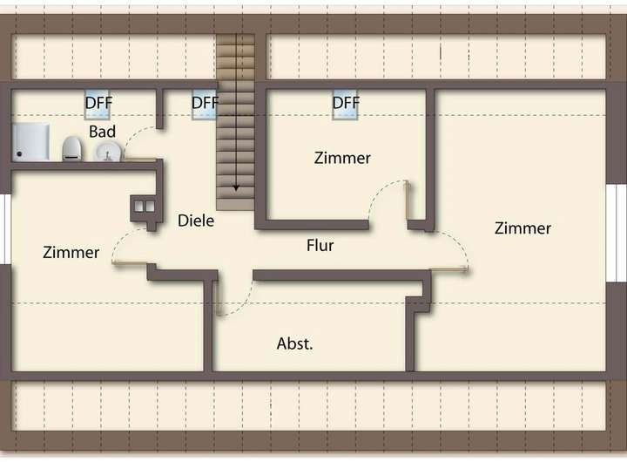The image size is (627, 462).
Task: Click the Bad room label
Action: (102, 131)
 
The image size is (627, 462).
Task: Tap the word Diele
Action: (196, 221)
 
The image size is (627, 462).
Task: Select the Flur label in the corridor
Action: (320, 245)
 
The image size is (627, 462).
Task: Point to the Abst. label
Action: (295, 343)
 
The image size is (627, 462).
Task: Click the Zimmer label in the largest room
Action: (522, 228)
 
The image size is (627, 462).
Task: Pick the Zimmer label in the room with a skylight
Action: (342, 158)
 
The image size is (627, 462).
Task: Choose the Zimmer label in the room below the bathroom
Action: (71, 253)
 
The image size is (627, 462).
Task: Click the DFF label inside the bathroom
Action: (98, 103)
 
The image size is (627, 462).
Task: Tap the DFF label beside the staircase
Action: (205, 103)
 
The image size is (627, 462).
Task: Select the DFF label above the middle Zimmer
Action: (346, 103)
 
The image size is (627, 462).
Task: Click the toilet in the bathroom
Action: (71, 148)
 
